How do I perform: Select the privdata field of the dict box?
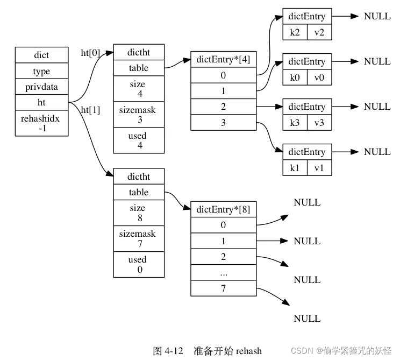[41, 87]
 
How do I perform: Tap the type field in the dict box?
[41, 71]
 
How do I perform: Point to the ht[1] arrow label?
[90, 110]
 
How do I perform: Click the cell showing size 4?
[138, 89]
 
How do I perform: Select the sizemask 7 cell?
[138, 238]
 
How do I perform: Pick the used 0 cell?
[138, 264]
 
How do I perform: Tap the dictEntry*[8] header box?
[223, 209]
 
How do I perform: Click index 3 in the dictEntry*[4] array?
[223, 123]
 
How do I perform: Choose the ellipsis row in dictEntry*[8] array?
[223, 273]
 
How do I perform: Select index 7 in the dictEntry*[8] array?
[223, 288]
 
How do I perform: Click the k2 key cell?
[295, 32]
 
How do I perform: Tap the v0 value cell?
[319, 77]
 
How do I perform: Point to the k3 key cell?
[295, 122]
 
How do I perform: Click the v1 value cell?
[319, 167]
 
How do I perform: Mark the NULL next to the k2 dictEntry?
[377, 16]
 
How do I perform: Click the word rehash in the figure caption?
[248, 351]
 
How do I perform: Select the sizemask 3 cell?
[138, 115]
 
